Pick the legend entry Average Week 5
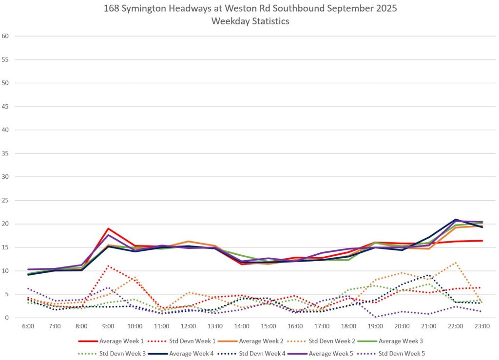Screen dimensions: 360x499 (343, 353)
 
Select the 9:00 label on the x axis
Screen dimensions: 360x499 (108, 326)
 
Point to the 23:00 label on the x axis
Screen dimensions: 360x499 (482, 326)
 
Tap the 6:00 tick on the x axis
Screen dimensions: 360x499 (28, 326)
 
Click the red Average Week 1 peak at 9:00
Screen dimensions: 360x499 (108, 228)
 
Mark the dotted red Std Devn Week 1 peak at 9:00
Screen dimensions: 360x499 (108, 266)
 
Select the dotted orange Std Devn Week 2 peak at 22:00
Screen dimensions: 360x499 (456, 263)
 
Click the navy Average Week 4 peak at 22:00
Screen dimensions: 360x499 (456, 220)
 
